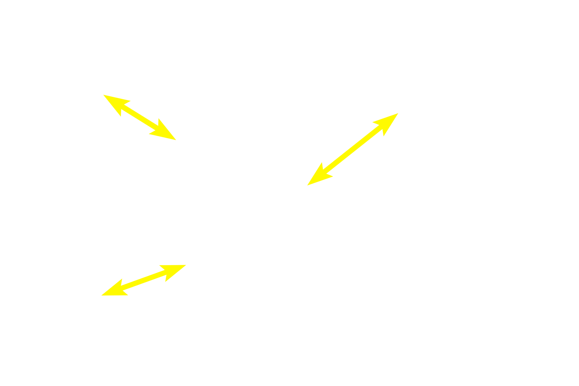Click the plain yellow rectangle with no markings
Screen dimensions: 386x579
click(144, 280)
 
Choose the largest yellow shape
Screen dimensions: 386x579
click(353, 148)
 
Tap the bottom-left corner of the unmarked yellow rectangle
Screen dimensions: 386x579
click(101, 295)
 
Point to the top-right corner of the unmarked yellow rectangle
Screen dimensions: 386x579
click(186, 265)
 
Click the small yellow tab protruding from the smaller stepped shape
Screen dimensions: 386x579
click(107, 101)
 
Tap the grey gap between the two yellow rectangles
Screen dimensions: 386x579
click(144, 257)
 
